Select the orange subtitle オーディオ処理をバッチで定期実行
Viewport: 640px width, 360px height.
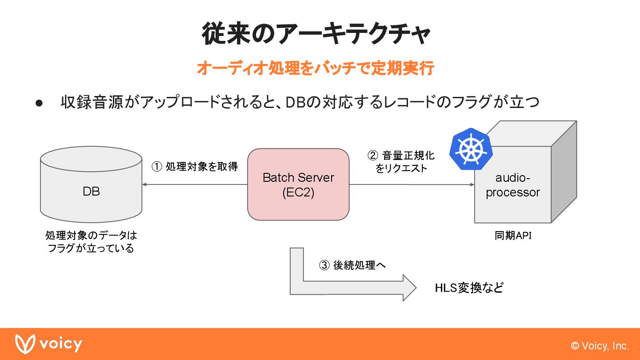[x=315, y=68]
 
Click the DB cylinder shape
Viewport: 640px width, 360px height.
[x=91, y=191]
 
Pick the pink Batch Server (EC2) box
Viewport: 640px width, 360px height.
[x=298, y=185]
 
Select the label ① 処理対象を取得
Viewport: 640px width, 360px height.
[x=195, y=167]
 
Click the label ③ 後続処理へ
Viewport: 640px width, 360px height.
[x=352, y=265]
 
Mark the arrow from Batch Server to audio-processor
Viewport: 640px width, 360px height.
[x=412, y=184]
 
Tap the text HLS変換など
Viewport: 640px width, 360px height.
[x=469, y=288]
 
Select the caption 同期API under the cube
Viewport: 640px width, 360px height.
[x=513, y=236]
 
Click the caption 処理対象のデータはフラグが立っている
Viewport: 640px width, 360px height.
[x=91, y=241]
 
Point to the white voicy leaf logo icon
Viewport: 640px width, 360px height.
[x=24, y=344]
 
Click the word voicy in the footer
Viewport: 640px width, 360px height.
[x=60, y=344]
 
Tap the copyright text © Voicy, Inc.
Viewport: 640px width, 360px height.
[x=600, y=346]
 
